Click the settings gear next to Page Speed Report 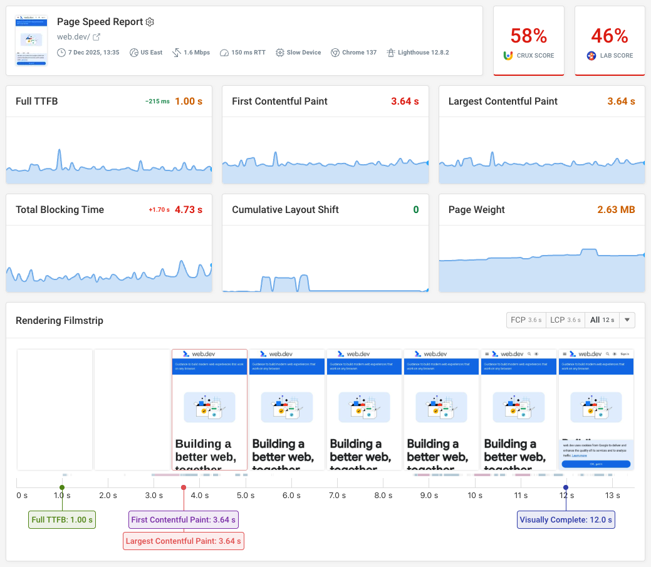click(x=150, y=22)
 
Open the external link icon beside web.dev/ click(x=96, y=37)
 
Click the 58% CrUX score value click(x=528, y=36)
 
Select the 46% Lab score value click(x=610, y=36)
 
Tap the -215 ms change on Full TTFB click(x=157, y=101)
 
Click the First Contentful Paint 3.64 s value click(x=405, y=101)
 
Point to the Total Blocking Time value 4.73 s click(x=189, y=210)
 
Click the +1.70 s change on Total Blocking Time click(x=159, y=210)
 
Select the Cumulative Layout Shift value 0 click(x=415, y=210)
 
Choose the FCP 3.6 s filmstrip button click(x=526, y=320)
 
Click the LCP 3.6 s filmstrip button click(x=565, y=320)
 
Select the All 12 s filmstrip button click(x=602, y=320)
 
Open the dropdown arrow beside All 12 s click(x=627, y=320)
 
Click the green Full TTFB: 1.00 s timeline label click(x=62, y=519)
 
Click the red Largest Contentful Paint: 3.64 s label click(x=183, y=541)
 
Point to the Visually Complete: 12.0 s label click(x=566, y=519)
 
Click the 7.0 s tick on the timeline click(x=337, y=496)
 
